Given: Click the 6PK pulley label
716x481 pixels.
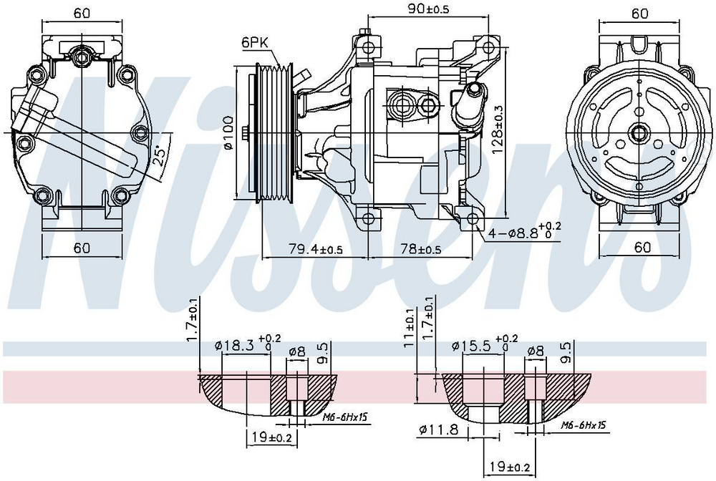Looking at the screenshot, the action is (255, 42).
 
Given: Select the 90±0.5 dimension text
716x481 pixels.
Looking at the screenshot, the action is (428, 8).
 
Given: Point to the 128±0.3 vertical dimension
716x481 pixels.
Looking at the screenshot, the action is (498, 129).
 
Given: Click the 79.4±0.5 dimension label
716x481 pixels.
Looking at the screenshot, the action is (315, 249).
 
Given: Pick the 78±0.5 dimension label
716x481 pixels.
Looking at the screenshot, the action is (420, 249).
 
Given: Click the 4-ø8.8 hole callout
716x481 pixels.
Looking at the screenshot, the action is (525, 231).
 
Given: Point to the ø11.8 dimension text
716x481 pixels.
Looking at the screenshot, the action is (437, 429).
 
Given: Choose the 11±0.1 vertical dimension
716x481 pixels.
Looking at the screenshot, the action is (409, 328).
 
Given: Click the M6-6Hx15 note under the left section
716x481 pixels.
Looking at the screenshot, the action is (345, 417).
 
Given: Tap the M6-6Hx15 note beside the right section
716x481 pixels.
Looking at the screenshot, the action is (583, 425).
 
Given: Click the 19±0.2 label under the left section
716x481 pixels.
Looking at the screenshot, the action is (271, 437).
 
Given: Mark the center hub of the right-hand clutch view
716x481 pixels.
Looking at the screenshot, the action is (639, 134).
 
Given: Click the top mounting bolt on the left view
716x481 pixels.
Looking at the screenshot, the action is (82, 57).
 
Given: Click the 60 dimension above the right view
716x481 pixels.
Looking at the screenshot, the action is (639, 13).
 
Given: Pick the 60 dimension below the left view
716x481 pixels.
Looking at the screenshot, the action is (82, 248).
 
